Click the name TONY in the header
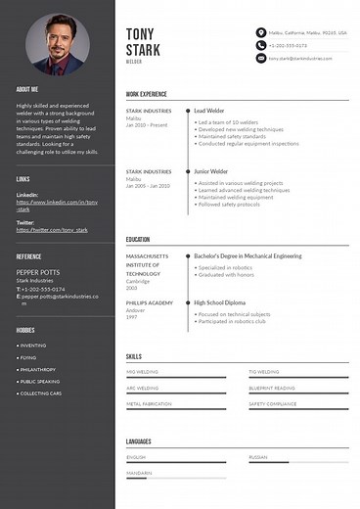pyautogui.click(x=141, y=34)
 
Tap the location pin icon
pyautogui.click(x=260, y=32)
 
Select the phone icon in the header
pyautogui.click(x=260, y=45)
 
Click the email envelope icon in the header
pyautogui.click(x=260, y=58)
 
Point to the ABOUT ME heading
pyautogui.click(x=28, y=89)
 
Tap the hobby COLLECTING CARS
pyautogui.click(x=41, y=393)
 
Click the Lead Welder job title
pyautogui.click(x=212, y=112)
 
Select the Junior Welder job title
pyautogui.click(x=213, y=170)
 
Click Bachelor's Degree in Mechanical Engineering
pyautogui.click(x=247, y=256)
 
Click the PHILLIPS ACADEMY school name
pyautogui.click(x=149, y=302)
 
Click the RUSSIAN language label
pyautogui.click(x=257, y=457)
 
